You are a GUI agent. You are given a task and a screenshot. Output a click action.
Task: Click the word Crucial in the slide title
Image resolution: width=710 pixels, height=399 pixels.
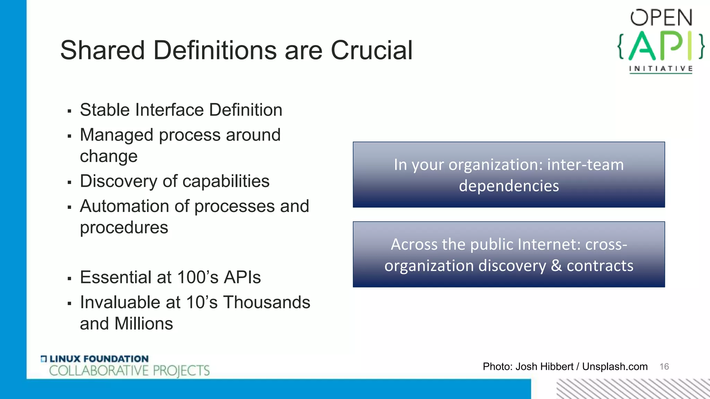371,50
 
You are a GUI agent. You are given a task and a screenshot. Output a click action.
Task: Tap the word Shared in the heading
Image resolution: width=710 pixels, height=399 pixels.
102,50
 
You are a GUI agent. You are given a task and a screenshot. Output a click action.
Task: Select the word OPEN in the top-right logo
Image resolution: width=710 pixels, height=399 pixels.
661,18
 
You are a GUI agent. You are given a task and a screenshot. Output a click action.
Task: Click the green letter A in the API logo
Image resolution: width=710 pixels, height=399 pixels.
642,46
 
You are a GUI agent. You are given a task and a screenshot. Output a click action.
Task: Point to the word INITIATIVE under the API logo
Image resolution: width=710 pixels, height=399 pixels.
661,69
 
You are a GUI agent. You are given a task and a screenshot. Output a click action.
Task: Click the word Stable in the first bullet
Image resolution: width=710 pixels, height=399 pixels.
104,110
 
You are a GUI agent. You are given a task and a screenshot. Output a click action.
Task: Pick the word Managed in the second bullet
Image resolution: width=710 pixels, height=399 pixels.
116,135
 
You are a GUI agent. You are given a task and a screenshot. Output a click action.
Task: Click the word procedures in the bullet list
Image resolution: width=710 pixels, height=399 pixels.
124,228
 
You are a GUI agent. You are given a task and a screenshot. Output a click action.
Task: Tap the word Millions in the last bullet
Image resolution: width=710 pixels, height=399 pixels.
144,324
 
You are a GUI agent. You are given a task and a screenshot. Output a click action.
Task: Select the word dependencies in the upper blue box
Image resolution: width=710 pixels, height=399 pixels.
509,186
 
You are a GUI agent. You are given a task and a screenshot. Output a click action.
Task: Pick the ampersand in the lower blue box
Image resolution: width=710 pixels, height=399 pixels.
556,266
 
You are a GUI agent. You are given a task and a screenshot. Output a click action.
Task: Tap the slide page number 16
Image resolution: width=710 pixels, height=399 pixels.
664,366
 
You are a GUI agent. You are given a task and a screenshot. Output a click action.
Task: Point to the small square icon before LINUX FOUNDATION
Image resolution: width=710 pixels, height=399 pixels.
44,359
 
